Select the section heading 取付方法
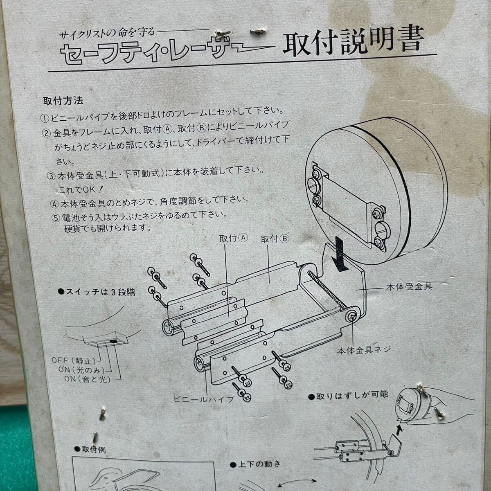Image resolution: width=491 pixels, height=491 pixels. (63, 100)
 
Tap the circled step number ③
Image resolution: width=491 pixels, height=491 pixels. (51, 176)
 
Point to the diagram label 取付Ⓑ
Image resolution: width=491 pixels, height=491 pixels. (275, 239)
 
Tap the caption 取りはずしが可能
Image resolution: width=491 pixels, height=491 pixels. (351, 396)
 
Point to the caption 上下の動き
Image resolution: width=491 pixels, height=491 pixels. (256, 464)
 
